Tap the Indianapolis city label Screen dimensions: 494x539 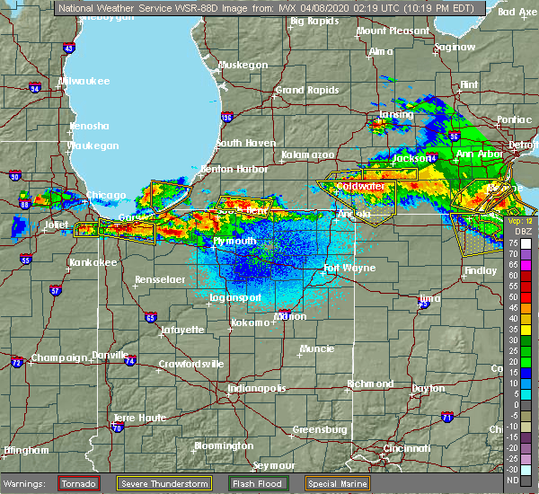coord(255,388)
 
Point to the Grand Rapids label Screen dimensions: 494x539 coord(304,90)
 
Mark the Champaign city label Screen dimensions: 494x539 coord(57,357)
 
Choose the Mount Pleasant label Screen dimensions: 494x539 coord(391,31)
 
